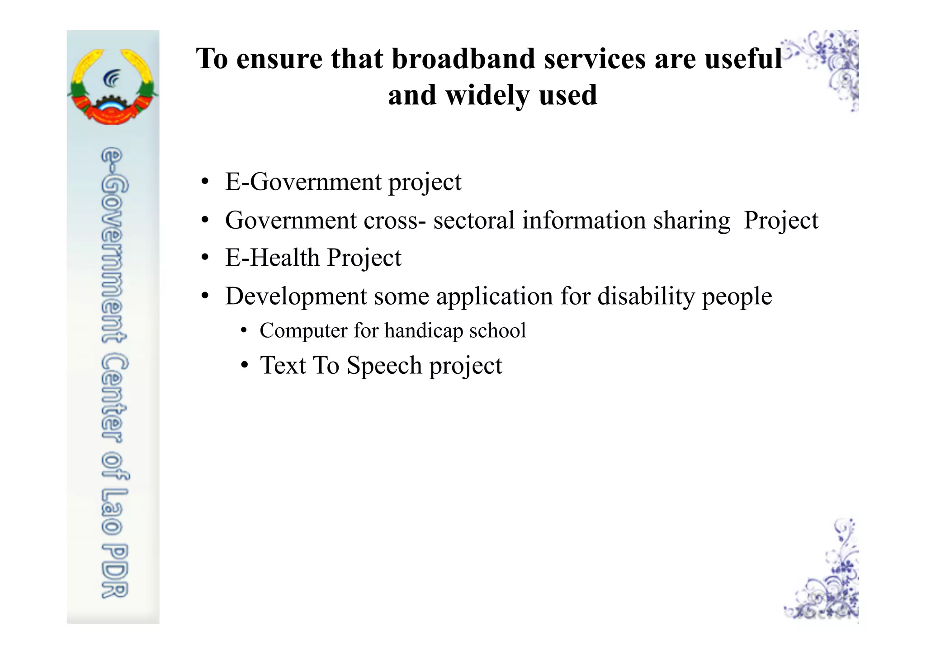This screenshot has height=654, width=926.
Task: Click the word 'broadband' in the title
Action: coord(463,59)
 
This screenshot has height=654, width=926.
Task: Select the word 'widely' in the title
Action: coord(488,95)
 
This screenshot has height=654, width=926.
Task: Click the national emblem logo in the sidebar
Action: coord(113,87)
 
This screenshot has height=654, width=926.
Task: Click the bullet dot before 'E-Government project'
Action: coord(205,182)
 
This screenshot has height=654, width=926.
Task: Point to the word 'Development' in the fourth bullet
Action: coord(296,296)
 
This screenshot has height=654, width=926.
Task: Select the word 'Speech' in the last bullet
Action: coord(384,365)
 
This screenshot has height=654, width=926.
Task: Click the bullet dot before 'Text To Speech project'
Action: coord(244,365)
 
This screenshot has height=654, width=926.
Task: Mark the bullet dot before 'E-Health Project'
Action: coord(205,258)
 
